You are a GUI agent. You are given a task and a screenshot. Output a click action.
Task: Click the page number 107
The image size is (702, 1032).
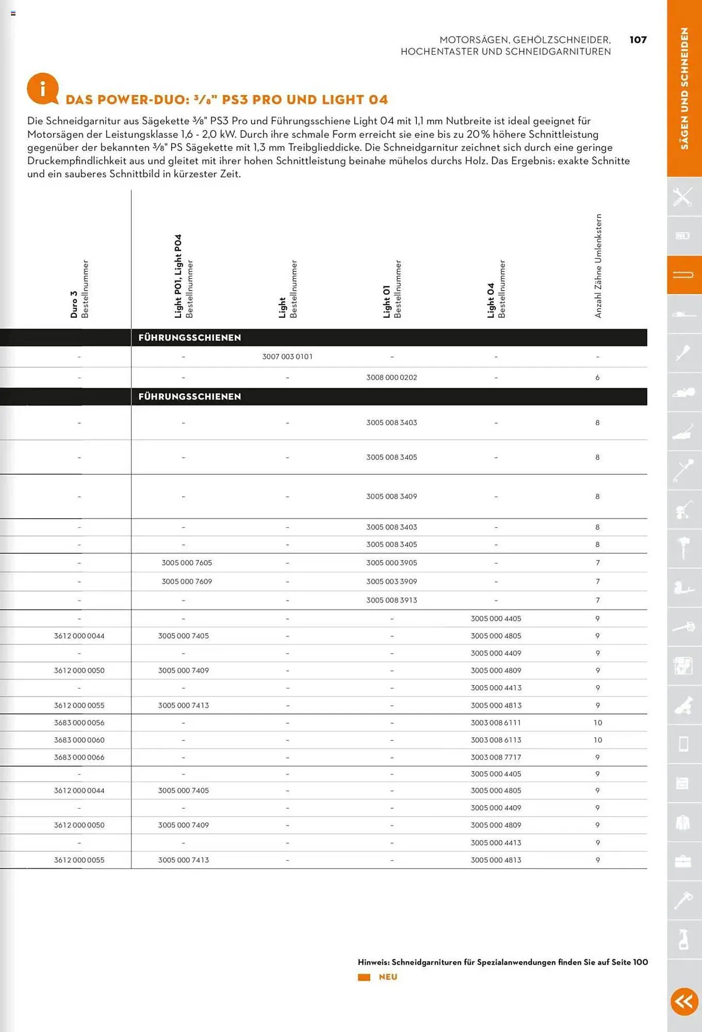(638, 40)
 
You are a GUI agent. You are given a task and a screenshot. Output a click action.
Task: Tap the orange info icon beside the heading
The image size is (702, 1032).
(42, 89)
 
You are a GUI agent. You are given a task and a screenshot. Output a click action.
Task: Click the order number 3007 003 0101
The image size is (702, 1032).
(287, 357)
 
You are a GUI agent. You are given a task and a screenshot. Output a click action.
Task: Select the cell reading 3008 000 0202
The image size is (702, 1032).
(391, 377)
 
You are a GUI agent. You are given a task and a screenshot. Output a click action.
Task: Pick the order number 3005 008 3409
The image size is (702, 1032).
(391, 496)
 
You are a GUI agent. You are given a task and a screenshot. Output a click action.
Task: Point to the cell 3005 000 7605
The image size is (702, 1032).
(187, 562)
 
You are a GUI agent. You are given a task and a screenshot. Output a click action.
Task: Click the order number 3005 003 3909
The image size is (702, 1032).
(391, 582)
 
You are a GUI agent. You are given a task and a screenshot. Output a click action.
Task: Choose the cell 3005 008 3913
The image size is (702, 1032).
(391, 600)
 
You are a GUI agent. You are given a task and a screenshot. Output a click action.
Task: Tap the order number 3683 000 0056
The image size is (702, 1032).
(79, 722)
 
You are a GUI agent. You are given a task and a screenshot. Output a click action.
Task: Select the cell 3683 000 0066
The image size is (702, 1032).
(79, 757)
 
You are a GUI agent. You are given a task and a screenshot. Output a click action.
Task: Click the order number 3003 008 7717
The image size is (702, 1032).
(496, 757)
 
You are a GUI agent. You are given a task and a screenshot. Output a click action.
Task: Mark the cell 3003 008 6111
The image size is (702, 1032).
(496, 722)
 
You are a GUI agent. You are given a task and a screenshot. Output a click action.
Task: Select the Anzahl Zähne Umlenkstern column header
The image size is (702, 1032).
(598, 266)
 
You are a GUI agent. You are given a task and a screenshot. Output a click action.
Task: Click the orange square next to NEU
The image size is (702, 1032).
(364, 977)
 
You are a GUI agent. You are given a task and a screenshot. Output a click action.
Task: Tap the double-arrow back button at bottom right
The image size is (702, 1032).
(684, 1002)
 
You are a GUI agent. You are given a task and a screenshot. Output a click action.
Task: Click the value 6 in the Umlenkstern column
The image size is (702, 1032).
(597, 378)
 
